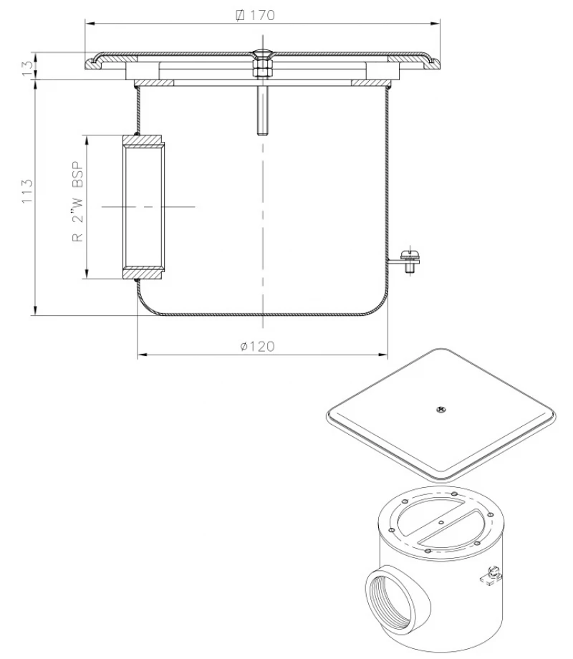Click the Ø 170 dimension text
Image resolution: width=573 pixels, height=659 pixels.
259,15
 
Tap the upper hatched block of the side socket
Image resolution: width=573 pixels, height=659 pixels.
145,140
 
